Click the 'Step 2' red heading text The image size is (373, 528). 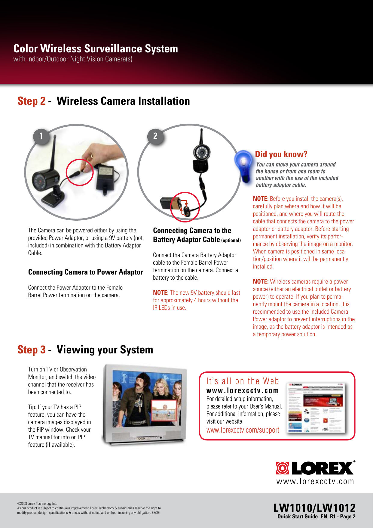click(x=31, y=101)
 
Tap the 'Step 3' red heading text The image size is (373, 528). click(x=31, y=350)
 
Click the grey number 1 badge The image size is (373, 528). click(x=41, y=136)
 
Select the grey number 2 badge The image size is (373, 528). click(x=155, y=136)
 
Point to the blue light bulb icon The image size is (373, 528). click(x=244, y=165)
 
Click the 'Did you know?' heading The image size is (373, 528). click(x=281, y=154)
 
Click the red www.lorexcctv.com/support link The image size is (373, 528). click(x=243, y=430)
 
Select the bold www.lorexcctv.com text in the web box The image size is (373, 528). click(x=242, y=391)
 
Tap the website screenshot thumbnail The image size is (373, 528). click(x=316, y=408)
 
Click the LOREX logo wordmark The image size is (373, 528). click(x=322, y=468)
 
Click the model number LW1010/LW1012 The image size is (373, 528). click(x=314, y=508)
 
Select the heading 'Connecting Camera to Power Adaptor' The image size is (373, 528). click(x=85, y=272)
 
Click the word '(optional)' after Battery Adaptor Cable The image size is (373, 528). click(x=231, y=241)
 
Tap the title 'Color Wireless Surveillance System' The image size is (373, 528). click(x=96, y=49)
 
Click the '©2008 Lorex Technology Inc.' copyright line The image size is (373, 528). click(x=37, y=503)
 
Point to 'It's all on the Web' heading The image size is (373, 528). click(x=243, y=381)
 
